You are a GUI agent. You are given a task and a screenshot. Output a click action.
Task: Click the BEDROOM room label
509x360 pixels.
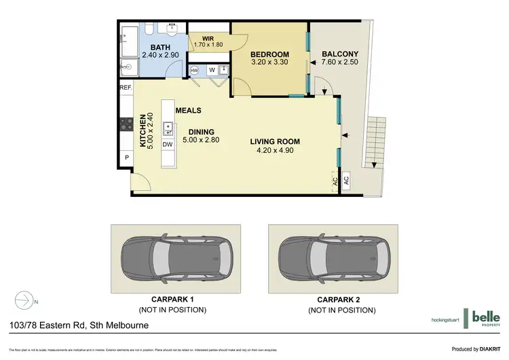270,54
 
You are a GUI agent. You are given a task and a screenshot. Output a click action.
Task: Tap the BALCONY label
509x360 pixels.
339,54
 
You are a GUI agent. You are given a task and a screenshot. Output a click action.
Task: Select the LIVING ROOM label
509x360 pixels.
275,141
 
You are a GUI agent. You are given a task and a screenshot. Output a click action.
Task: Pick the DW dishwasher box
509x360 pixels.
168,145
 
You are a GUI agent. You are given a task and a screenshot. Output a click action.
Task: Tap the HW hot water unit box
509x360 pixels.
194,71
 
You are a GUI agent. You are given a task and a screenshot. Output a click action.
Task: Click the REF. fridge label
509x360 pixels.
126,88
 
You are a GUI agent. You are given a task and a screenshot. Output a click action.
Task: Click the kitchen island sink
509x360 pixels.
167,129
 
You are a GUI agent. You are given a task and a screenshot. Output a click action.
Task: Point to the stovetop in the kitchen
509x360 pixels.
126,124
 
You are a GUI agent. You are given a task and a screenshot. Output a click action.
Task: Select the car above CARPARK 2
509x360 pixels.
336,259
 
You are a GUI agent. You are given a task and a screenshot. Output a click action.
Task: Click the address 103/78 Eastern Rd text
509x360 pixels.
75,325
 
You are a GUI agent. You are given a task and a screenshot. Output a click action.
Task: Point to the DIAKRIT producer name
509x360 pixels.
491,350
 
